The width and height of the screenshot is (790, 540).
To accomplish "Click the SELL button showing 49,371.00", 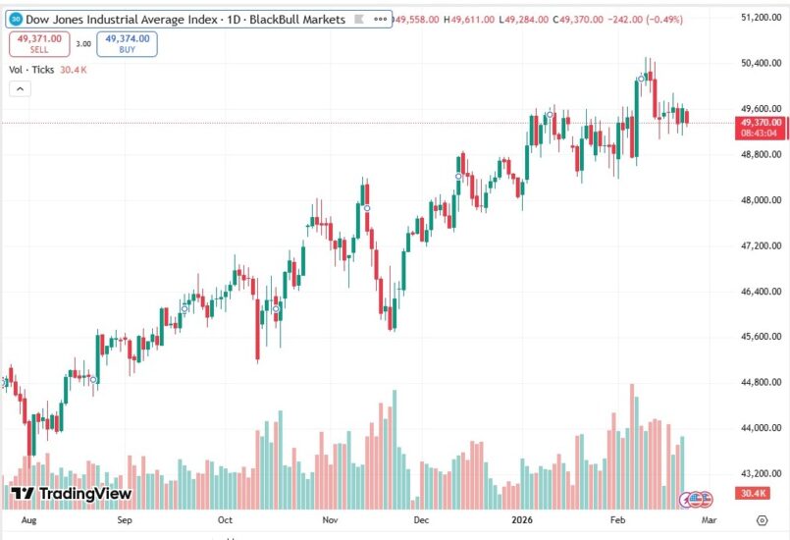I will coord(38,43).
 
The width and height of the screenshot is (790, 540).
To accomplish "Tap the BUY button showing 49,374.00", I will coord(128,43).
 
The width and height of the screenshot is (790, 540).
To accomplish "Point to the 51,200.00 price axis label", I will coord(761,18).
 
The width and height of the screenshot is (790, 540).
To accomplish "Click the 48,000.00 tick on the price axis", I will coord(761,200).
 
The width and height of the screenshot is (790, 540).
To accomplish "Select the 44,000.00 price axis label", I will coord(761,428).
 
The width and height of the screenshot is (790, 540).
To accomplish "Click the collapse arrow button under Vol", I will coord(21,89).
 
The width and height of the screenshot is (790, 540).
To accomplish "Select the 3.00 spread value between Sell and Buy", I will coord(83,43).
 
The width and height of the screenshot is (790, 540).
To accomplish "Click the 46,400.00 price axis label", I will coord(761,292).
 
